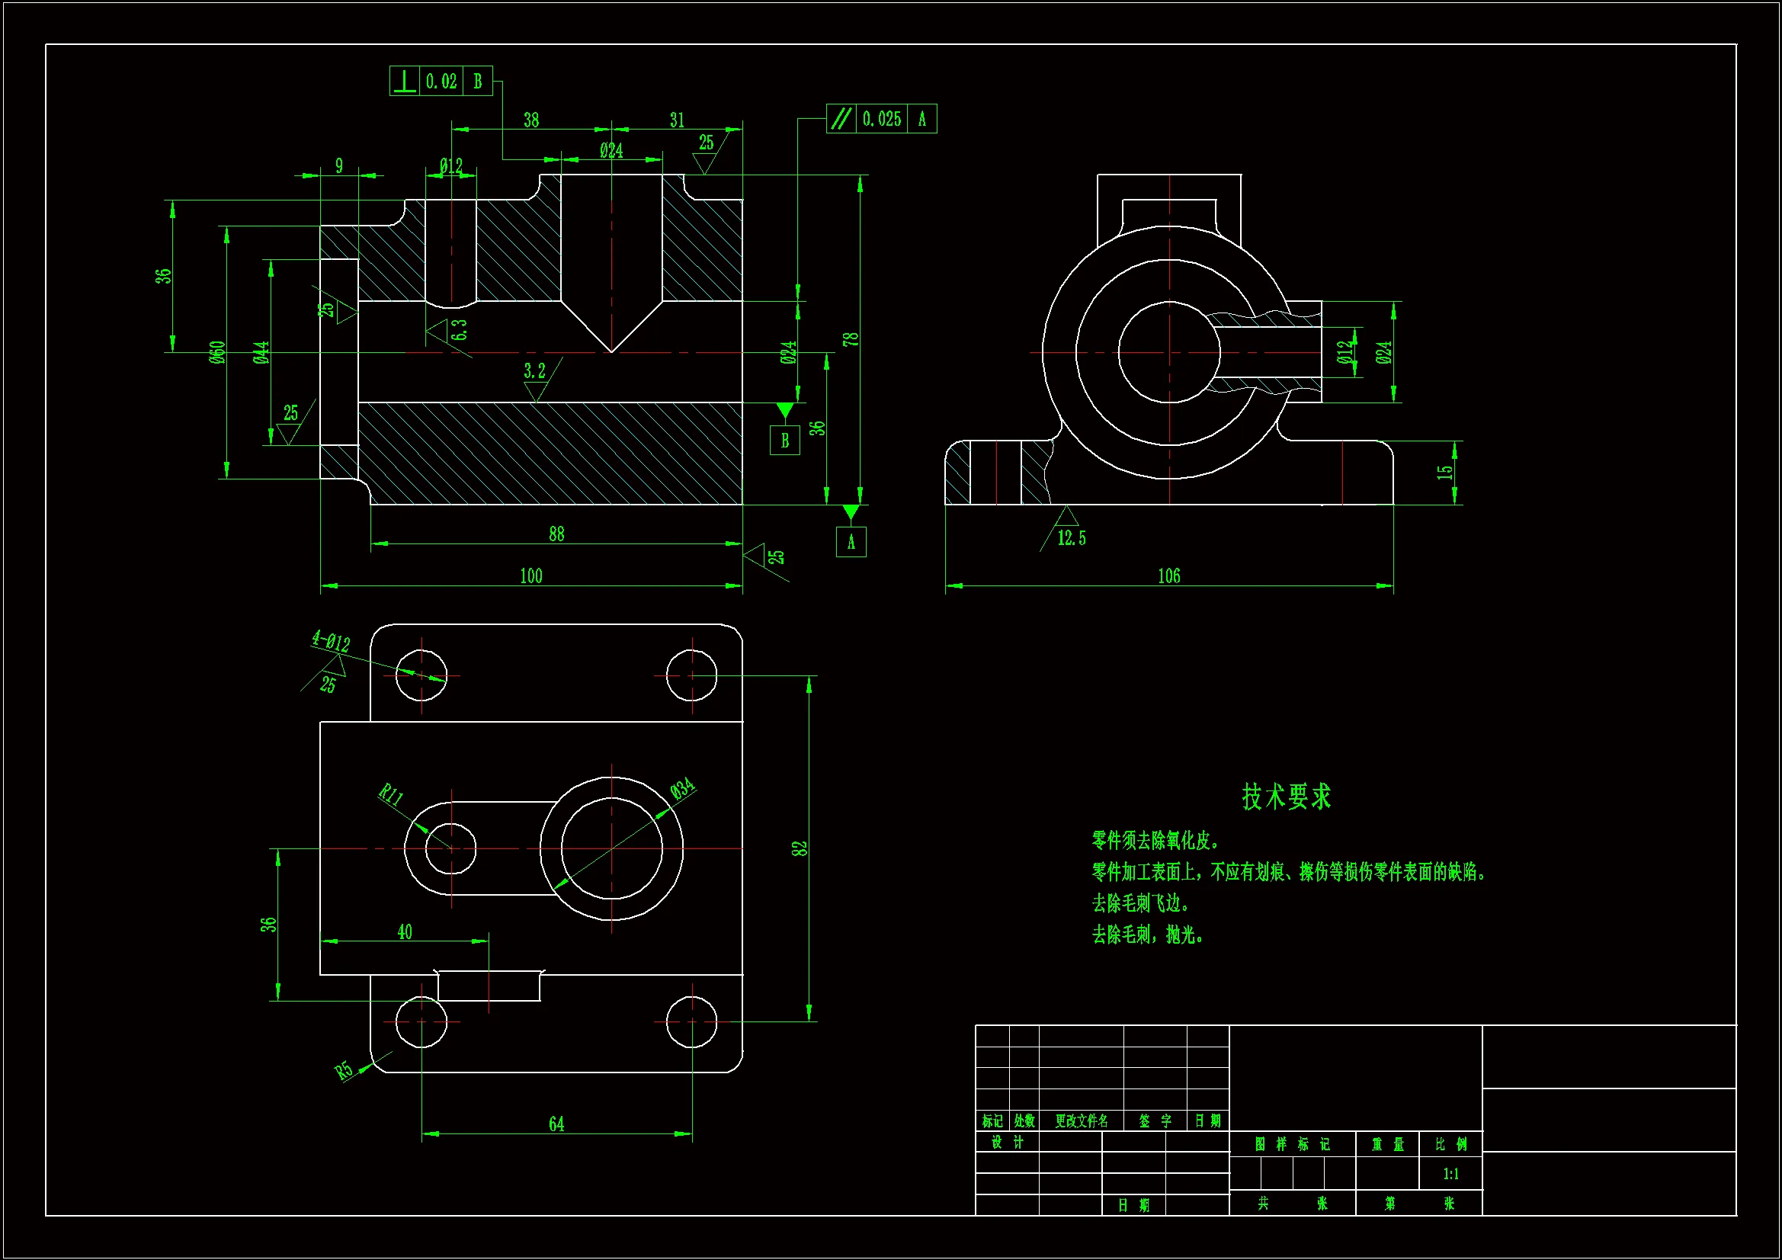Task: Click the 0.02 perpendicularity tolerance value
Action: pos(441,82)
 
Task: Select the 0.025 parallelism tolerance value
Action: pos(882,119)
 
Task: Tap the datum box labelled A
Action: pos(851,542)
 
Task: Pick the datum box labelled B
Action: pos(784,440)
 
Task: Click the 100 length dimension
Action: pos(531,576)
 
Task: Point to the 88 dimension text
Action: pos(556,534)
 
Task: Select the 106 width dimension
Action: pos(1169,576)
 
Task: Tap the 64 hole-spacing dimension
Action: pos(556,1124)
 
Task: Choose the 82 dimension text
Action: pos(800,848)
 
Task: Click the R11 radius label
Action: pos(390,795)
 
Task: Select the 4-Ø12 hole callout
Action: pos(331,641)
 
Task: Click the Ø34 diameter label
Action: pos(682,790)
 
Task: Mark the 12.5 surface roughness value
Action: pos(1071,538)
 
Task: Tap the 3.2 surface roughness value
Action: pos(534,371)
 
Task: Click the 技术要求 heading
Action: pos(1286,797)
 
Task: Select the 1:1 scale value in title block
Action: pos(1450,1174)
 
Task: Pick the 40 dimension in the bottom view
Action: pos(405,931)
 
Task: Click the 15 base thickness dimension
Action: pos(1444,472)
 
